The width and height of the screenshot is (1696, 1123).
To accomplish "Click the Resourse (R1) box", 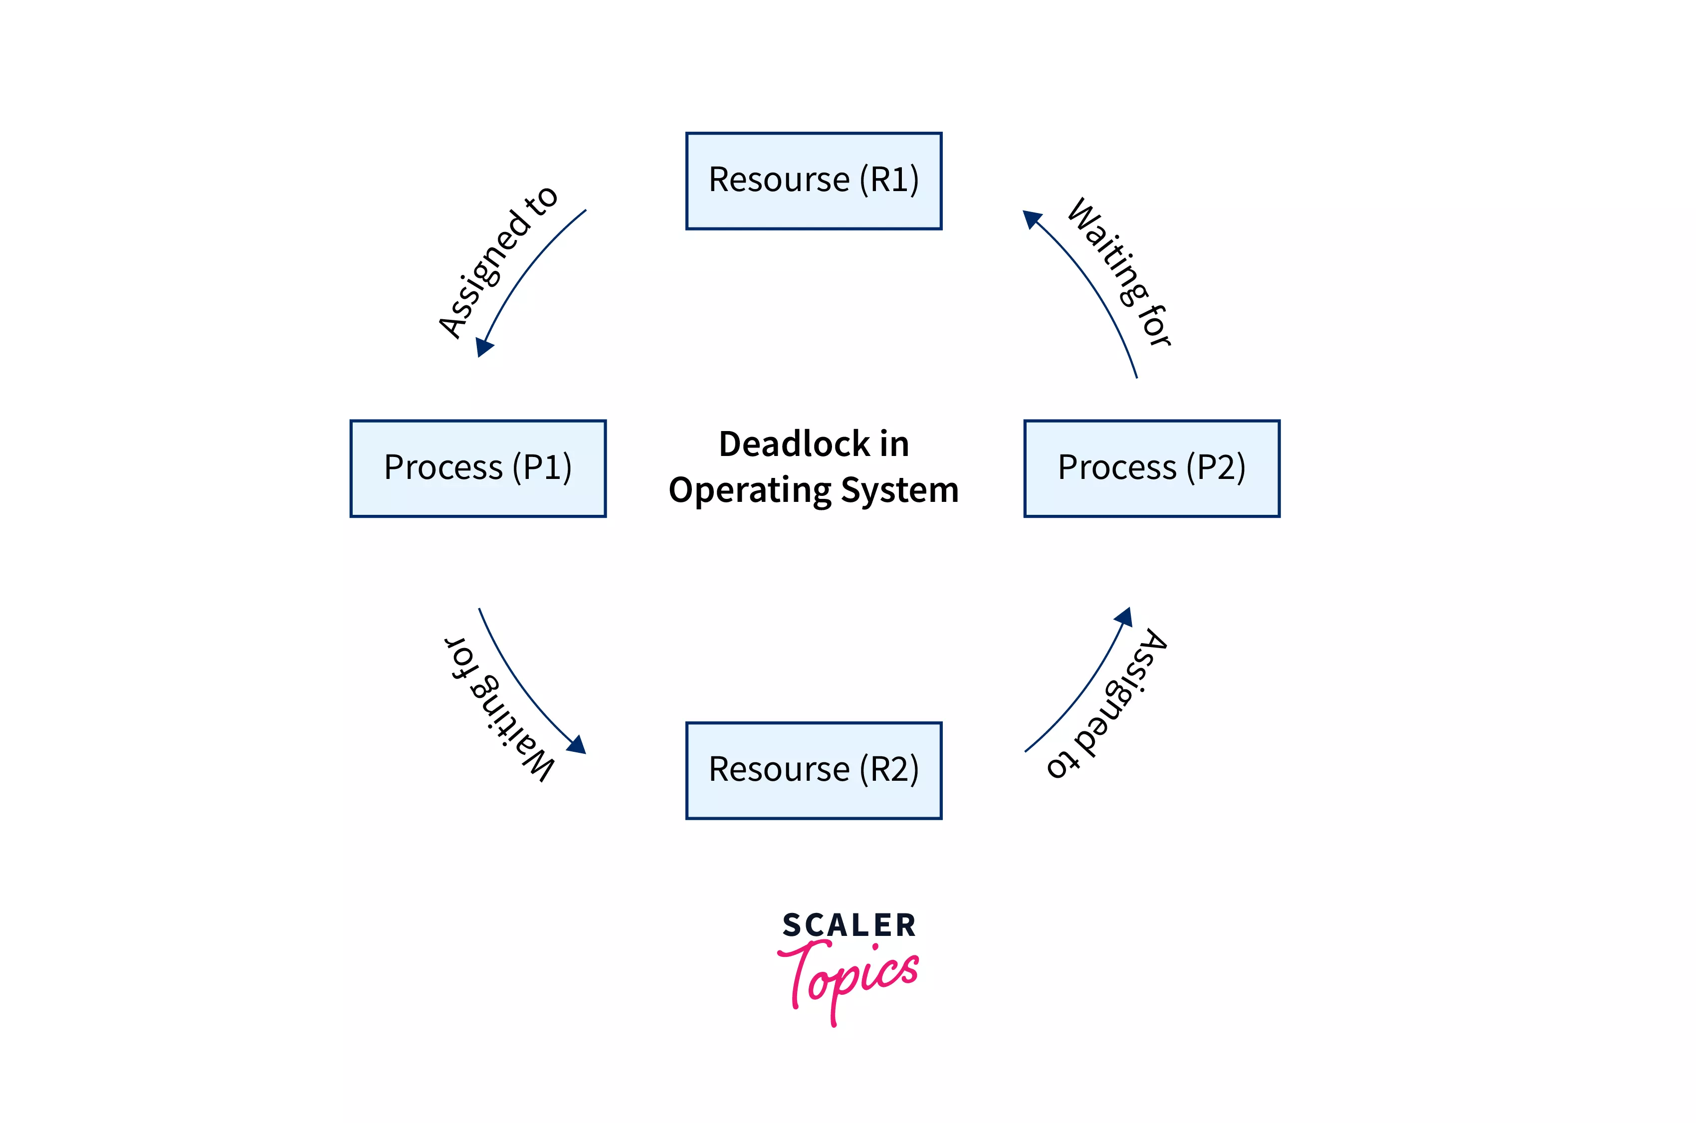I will pos(813,181).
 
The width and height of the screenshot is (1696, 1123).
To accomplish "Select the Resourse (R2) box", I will pos(813,771).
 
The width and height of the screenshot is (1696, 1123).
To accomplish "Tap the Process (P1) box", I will pos(477,468).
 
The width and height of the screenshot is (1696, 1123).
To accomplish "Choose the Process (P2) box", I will pos(1151,468).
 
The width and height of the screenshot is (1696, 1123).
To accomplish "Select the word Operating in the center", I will pos(749,490).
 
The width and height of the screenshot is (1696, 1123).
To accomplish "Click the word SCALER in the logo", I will pos(849,925).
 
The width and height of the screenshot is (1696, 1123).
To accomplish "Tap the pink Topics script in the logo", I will pos(849,978).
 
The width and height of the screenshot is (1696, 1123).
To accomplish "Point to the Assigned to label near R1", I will pos(497,261).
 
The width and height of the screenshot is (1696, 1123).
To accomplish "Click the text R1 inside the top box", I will pos(888,180).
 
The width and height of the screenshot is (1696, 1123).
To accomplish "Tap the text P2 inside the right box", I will pos(1216,467).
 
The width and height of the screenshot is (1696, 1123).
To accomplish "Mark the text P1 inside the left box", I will pos(542,467).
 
